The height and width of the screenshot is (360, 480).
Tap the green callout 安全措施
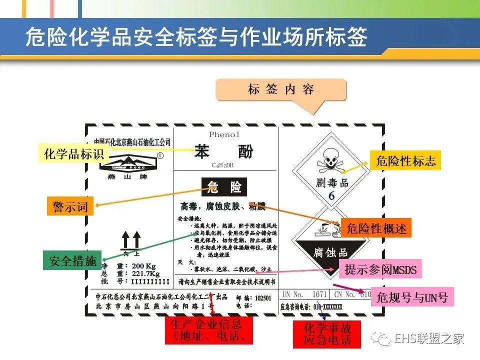coord(72,260)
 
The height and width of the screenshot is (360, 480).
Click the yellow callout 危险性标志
coord(405,160)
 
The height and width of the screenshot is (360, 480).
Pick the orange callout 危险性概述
coord(376,228)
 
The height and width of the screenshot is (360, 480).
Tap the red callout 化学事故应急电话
coord(327,334)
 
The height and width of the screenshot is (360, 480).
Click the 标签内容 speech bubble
coord(281,90)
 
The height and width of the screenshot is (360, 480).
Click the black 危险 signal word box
coord(223,187)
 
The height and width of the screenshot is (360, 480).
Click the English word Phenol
coord(224,134)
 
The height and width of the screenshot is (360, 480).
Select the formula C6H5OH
coord(222,164)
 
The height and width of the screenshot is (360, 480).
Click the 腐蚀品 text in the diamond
coord(330,252)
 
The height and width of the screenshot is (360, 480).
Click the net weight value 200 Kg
coord(144,265)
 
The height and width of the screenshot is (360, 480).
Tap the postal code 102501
coord(263,298)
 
